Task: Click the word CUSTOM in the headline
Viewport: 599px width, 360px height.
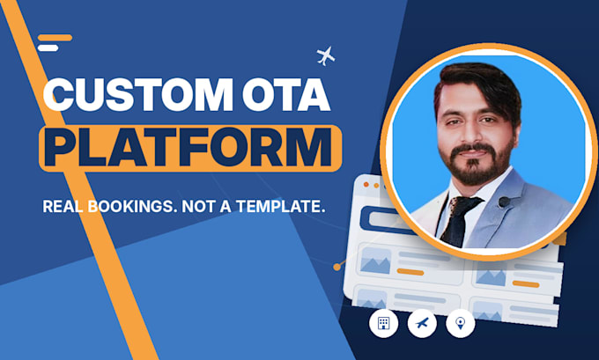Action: tap(138, 94)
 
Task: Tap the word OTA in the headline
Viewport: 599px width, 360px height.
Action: tap(286, 94)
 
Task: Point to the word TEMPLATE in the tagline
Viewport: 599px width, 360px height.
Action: tap(280, 207)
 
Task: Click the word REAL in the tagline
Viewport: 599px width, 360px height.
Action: tap(63, 207)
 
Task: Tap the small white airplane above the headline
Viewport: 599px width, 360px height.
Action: tap(326, 56)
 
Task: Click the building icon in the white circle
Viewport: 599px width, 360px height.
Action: tap(383, 323)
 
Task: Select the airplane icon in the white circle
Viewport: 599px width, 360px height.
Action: tap(422, 323)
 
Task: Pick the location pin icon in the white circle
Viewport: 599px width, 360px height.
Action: tap(461, 323)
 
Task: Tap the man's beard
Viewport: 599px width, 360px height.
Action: tap(477, 164)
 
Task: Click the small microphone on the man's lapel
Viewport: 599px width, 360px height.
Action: tap(504, 202)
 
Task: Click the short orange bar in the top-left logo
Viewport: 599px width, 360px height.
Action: tap(55, 38)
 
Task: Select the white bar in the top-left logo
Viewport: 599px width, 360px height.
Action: tap(48, 48)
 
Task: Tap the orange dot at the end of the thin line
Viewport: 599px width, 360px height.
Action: tap(336, 267)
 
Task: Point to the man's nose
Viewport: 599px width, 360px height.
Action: tap(473, 133)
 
